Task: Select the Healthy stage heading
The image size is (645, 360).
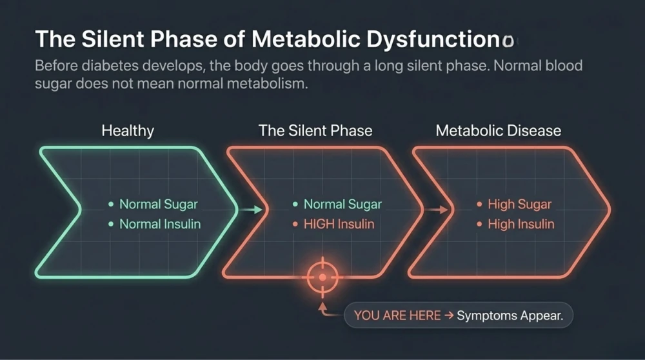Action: coord(128,131)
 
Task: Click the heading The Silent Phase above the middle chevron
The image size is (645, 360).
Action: coord(315,131)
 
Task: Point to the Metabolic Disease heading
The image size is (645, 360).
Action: coord(499,131)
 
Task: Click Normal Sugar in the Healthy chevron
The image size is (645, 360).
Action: coord(159,204)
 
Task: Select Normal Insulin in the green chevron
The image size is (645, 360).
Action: coord(160,225)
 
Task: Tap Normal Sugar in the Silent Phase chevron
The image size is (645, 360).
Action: coord(342,204)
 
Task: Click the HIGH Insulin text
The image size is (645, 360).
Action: coord(339,225)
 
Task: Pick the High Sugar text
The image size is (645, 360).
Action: coord(519,204)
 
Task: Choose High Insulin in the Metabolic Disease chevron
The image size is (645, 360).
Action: coord(521,225)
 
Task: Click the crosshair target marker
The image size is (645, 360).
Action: coord(322,277)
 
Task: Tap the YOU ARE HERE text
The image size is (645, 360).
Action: coord(397,315)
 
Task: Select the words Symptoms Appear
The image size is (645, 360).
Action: coord(510,315)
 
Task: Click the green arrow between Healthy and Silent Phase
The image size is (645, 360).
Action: coord(251,210)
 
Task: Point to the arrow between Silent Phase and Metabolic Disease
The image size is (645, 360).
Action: coord(436,210)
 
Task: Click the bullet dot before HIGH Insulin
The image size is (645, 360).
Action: coord(295,225)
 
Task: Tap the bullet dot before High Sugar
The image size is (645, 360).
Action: coord(479,204)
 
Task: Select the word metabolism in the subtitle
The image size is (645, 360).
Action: coord(267,83)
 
